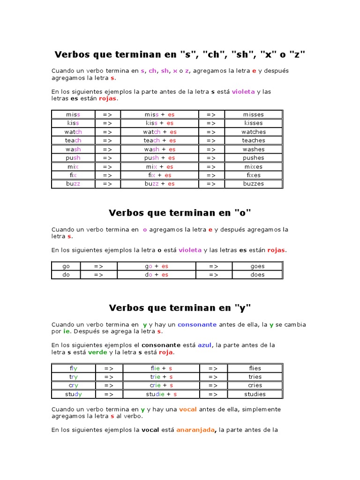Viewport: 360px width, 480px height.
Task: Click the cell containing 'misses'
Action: click(254, 114)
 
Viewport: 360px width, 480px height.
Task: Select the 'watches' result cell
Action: click(254, 132)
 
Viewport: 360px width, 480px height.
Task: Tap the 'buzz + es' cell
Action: click(159, 184)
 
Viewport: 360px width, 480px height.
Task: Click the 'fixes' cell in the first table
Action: click(254, 175)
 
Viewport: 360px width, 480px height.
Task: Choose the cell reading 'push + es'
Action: click(159, 158)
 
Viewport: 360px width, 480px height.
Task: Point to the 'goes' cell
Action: click(257, 266)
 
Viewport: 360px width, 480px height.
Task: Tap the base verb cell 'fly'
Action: click(73, 368)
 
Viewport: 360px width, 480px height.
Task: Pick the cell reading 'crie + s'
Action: click(161, 385)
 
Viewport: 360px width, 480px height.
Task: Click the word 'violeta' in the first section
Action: click(243, 92)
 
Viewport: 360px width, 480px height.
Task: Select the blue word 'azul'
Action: click(205, 345)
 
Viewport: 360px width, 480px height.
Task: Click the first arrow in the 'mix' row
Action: click(107, 166)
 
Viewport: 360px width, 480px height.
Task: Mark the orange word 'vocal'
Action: click(188, 409)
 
